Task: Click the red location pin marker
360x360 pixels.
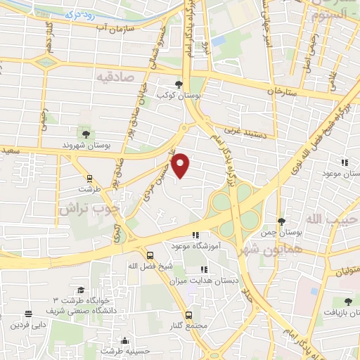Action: click(x=181, y=165)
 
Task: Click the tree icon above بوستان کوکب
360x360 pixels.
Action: click(x=186, y=82)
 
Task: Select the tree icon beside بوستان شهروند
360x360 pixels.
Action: click(x=85, y=133)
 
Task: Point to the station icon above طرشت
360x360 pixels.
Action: click(x=89, y=179)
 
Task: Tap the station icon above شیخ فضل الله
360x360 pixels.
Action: click(x=150, y=256)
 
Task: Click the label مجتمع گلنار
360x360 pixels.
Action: click(x=188, y=326)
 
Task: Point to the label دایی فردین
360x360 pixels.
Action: click(x=27, y=326)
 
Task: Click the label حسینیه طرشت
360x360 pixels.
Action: click(x=125, y=350)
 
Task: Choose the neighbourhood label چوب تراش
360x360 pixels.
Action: click(x=78, y=210)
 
